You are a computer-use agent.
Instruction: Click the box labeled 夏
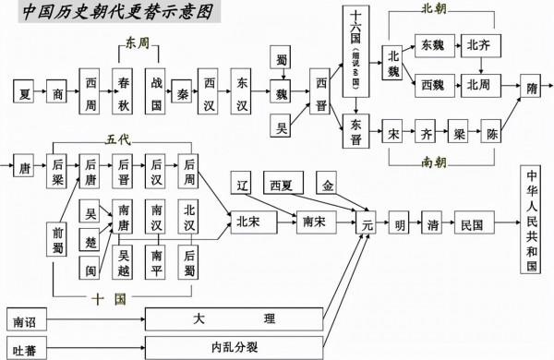coord(26,93)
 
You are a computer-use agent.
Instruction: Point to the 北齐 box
coord(479,44)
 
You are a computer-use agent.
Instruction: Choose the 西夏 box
coord(283,184)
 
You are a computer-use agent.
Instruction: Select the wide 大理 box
coord(235,319)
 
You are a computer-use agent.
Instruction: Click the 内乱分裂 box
coord(235,348)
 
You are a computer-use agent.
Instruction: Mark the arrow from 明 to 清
coord(418,224)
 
